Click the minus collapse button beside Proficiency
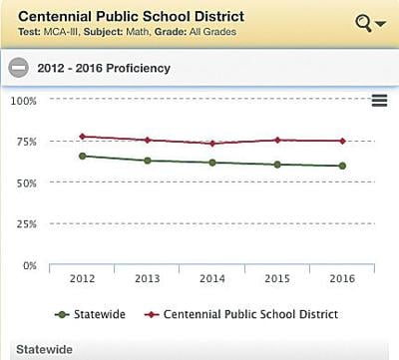(17, 68)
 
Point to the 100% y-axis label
(23, 101)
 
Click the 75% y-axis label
(25, 142)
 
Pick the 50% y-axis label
(25, 182)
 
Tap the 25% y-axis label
(25, 224)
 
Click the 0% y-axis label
(29, 265)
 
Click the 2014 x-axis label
(211, 279)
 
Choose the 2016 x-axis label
(342, 279)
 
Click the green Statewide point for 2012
(82, 156)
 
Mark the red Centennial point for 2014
(211, 144)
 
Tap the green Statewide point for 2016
(342, 166)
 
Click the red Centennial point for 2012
(82, 137)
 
